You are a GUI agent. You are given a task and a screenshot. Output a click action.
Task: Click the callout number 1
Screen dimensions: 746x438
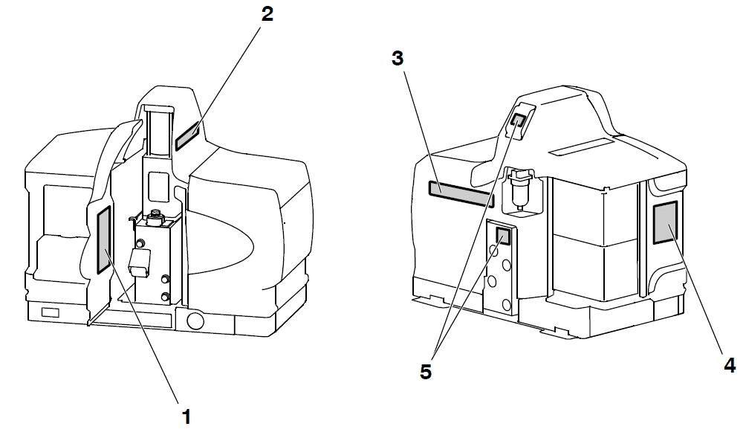point(186,416)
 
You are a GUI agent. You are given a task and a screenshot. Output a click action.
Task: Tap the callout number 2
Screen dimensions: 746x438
point(267,14)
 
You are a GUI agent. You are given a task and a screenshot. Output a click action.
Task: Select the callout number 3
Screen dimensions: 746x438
point(398,59)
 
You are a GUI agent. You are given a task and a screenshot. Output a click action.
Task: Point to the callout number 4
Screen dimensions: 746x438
point(730,365)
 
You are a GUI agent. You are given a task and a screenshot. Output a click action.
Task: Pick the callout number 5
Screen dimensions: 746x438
point(426,372)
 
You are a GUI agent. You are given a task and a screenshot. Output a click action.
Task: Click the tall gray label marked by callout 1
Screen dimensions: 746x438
point(104,240)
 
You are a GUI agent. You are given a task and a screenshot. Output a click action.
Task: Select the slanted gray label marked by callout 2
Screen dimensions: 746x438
point(187,135)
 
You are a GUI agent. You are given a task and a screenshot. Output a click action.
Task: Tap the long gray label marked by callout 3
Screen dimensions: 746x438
point(461,194)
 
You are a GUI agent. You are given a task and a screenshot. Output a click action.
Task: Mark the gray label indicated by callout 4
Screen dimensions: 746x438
point(665,222)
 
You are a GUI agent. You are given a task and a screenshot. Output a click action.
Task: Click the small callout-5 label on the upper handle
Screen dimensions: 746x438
point(518,120)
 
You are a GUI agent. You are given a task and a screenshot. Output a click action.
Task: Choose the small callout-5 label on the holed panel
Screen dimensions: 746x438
point(503,236)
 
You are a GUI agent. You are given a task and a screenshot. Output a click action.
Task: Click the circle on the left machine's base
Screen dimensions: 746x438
point(195,321)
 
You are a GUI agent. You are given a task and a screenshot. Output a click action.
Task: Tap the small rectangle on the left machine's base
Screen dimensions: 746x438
point(50,313)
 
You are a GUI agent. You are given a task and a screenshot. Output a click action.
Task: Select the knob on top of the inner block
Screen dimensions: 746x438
point(155,217)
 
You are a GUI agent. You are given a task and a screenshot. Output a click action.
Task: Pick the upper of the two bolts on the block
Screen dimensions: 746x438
point(166,279)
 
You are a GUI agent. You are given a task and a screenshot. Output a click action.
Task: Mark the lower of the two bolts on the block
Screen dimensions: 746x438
point(166,297)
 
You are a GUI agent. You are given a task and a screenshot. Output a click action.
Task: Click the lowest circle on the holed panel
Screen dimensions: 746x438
point(506,303)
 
